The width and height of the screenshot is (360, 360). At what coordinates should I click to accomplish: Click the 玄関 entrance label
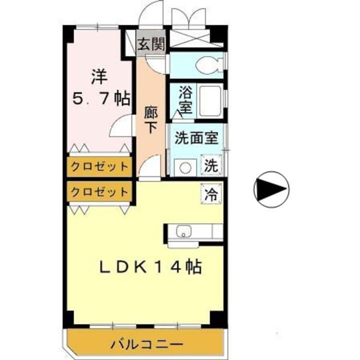(x=151, y=44)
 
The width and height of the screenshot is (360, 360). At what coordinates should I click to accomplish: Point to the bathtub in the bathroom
(x=210, y=100)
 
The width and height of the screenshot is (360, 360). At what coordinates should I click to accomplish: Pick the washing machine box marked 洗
(x=211, y=165)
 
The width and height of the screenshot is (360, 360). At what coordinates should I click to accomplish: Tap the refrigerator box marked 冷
(x=211, y=193)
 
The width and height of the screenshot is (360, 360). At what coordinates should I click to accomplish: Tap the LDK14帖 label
(x=148, y=267)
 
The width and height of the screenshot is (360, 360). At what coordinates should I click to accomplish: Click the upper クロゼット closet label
(x=99, y=166)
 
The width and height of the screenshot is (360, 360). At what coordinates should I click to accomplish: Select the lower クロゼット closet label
(x=99, y=191)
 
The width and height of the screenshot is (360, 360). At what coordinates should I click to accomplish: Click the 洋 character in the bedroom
(x=99, y=76)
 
